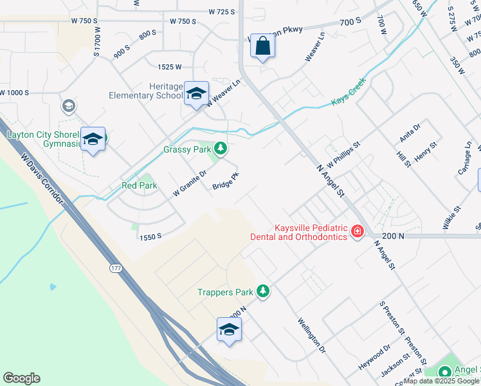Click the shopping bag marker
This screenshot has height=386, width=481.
click(x=262, y=46)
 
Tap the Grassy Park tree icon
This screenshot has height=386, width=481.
click(x=221, y=149)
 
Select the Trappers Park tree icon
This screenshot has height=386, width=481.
click(x=262, y=291)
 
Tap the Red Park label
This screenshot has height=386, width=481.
click(x=140, y=186)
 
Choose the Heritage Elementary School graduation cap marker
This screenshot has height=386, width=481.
click(x=196, y=93)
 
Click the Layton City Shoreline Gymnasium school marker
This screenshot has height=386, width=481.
click(x=93, y=139)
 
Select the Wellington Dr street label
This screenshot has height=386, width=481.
click(x=312, y=335)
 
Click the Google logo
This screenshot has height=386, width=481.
click(x=21, y=378)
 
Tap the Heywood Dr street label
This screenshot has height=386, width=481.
click(x=374, y=357)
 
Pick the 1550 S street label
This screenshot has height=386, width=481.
click(x=149, y=237)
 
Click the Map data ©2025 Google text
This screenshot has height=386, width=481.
click(x=442, y=381)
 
